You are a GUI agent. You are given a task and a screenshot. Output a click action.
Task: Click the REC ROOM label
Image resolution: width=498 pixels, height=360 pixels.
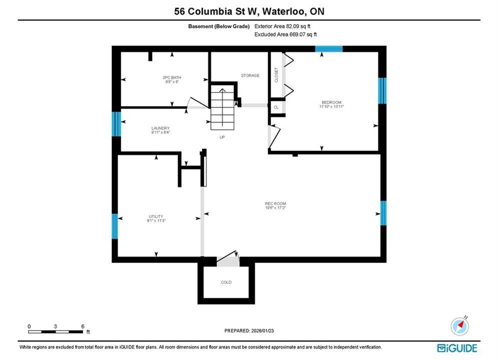[x=275, y=203]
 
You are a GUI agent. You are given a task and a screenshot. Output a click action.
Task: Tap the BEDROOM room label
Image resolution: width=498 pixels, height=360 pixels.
[x=331, y=102]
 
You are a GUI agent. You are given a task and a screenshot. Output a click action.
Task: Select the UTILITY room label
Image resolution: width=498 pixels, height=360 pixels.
[x=156, y=216]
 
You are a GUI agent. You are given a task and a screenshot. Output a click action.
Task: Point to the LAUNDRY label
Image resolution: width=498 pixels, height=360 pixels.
[x=160, y=128]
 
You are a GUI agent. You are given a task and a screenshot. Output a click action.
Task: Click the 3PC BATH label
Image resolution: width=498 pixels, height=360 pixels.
[x=172, y=77]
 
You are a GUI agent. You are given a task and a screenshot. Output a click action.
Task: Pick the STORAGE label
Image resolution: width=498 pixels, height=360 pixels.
[x=250, y=75]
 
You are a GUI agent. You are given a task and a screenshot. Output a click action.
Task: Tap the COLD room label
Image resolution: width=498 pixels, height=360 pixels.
[x=226, y=282]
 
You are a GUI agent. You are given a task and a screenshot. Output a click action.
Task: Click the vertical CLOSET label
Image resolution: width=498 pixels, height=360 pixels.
[x=276, y=75]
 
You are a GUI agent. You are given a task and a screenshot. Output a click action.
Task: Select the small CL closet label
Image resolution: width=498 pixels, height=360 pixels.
[x=276, y=107]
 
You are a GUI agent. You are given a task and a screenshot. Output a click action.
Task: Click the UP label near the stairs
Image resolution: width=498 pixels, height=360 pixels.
[x=222, y=137]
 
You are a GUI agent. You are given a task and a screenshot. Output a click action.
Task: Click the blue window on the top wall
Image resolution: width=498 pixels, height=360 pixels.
[x=329, y=49]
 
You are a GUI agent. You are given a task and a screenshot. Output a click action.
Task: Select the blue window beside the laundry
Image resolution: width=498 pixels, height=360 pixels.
[x=117, y=124]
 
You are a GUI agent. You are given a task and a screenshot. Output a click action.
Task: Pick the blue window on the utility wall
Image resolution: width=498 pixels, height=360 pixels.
[x=115, y=226]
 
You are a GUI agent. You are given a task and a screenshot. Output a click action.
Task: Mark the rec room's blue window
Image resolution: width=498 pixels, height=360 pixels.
[x=383, y=213]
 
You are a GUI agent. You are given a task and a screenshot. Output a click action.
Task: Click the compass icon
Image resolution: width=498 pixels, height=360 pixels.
[x=459, y=326]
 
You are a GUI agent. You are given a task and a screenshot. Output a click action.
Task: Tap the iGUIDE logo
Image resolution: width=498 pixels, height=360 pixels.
[x=457, y=348]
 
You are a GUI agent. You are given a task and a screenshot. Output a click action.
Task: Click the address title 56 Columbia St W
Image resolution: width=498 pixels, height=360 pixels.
[x=217, y=11]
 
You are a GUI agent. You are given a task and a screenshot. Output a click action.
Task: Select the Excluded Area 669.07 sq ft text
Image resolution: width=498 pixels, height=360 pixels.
[x=285, y=34]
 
